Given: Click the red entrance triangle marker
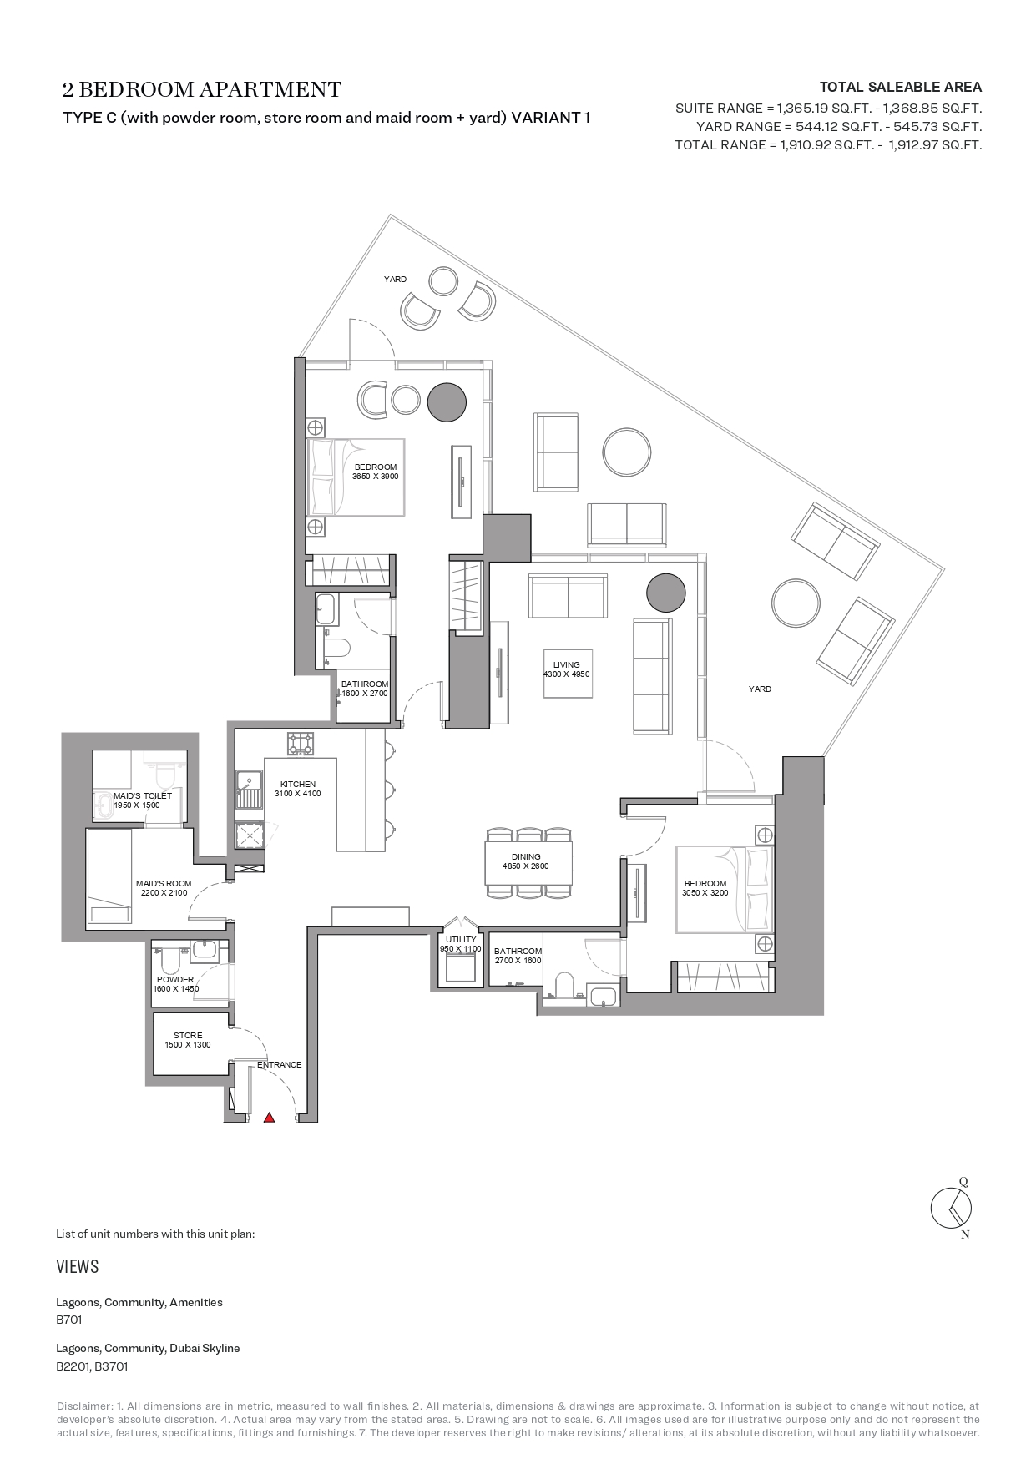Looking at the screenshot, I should pyautogui.click(x=269, y=1117).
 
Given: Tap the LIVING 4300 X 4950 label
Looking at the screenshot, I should pyautogui.click(x=567, y=669).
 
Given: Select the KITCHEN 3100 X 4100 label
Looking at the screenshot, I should pyautogui.click(x=298, y=789).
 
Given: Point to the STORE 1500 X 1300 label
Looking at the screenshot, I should pyautogui.click(x=188, y=1040).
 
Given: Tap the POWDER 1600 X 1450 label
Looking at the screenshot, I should pyautogui.click(x=175, y=984).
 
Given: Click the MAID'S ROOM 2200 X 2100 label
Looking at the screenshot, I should pyautogui.click(x=164, y=888).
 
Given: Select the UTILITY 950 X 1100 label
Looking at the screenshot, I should pyautogui.click(x=461, y=944).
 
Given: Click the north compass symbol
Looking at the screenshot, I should pyautogui.click(x=952, y=1208).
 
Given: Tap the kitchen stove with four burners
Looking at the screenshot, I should pyautogui.click(x=301, y=743).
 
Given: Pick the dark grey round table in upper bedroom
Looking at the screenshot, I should pyautogui.click(x=446, y=401).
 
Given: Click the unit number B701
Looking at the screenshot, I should pyautogui.click(x=68, y=1320).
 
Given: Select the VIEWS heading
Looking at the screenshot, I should pyautogui.click(x=78, y=1266).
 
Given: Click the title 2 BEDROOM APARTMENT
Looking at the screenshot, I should pyautogui.click(x=202, y=89).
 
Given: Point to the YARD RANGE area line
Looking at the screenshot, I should pyautogui.click(x=838, y=127).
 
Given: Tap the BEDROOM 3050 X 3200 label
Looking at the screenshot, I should pyautogui.click(x=705, y=888).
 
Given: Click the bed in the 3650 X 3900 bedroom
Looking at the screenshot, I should pyautogui.click(x=356, y=477).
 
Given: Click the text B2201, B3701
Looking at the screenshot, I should pyautogui.click(x=92, y=1366).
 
